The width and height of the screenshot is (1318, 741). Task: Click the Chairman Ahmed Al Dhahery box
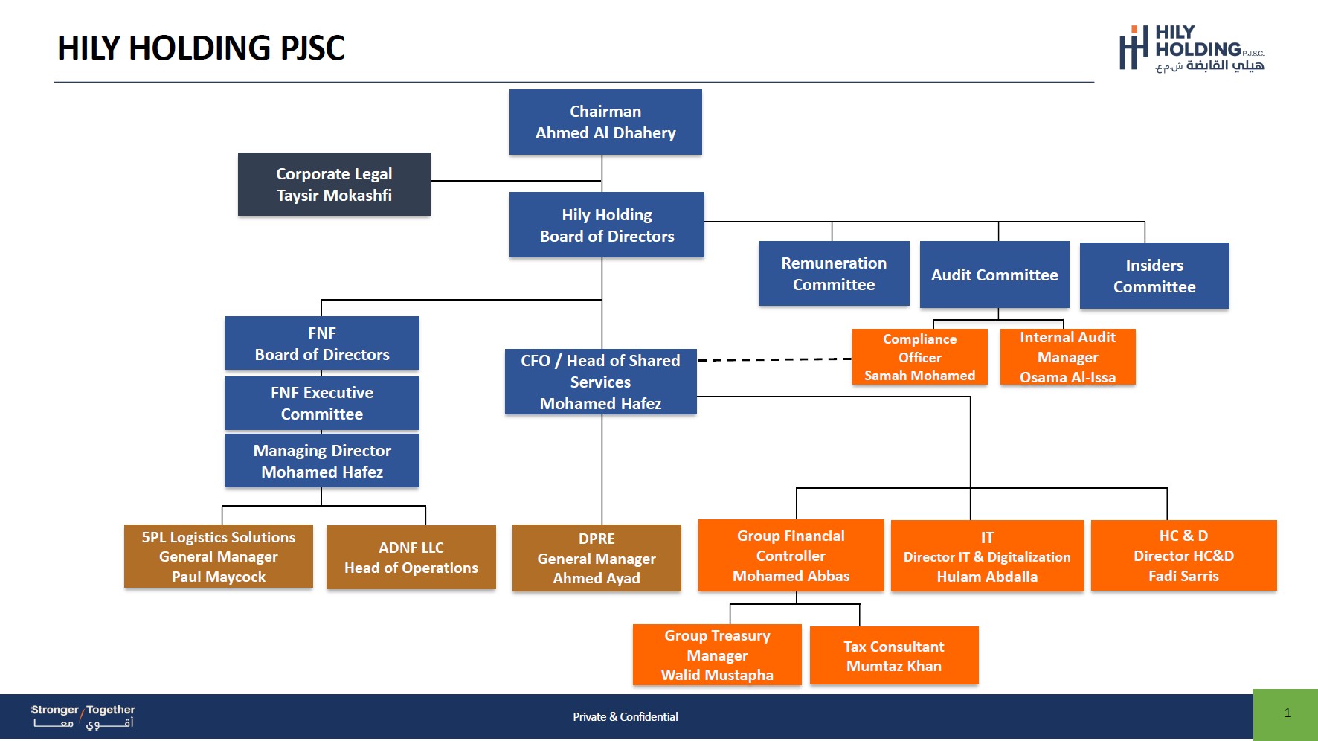coord(605,122)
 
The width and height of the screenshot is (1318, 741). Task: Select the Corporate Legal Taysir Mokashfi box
coord(334,185)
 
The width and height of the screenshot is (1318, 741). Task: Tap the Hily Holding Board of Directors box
coord(607,225)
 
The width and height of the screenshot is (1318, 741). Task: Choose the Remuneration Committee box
coord(834,273)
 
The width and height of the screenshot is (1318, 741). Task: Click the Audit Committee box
coord(994,275)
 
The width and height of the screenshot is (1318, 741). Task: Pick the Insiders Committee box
coord(1154,275)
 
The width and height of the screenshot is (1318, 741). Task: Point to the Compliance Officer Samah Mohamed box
coord(920,357)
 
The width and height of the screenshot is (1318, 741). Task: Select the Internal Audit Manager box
coord(1068,357)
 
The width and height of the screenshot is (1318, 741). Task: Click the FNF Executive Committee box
coord(322,403)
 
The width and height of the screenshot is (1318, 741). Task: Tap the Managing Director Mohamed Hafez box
coord(322,461)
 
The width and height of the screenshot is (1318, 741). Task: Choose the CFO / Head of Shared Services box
coord(601,382)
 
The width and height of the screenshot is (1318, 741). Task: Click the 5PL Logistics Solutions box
coord(219,556)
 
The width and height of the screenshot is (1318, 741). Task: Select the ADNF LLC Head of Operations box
coord(411,557)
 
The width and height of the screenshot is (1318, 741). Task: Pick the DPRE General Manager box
coord(597,558)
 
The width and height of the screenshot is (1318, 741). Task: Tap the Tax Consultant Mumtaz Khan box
coord(894,655)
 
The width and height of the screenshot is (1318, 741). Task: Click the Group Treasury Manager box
coord(717,655)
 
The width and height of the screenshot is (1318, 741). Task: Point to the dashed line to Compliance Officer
coord(774,360)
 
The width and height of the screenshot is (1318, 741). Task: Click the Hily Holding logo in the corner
coord(1192,49)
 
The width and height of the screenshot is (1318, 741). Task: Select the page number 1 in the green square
coord(1288,713)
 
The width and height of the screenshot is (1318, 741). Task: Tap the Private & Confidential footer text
coord(626,717)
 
